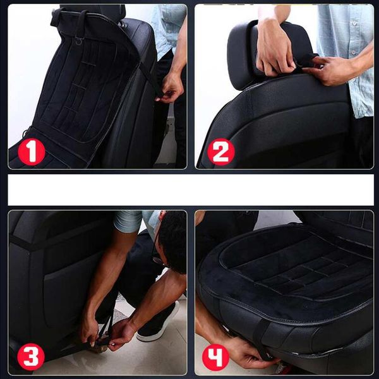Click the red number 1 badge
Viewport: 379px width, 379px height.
pyautogui.click(x=32, y=152)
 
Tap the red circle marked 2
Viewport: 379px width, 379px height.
pyautogui.click(x=221, y=152)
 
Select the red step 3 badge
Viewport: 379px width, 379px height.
pyautogui.click(x=31, y=357)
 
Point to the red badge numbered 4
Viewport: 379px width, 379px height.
pyautogui.click(x=215, y=357)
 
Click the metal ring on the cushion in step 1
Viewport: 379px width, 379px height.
pyautogui.click(x=78, y=42)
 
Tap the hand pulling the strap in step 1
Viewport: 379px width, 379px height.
pyautogui.click(x=169, y=88)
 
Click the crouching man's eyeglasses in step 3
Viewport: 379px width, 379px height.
pyautogui.click(x=159, y=260)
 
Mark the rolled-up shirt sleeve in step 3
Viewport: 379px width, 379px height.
pyautogui.click(x=128, y=221)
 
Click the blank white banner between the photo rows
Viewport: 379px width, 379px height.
pyautogui.click(x=191, y=189)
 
